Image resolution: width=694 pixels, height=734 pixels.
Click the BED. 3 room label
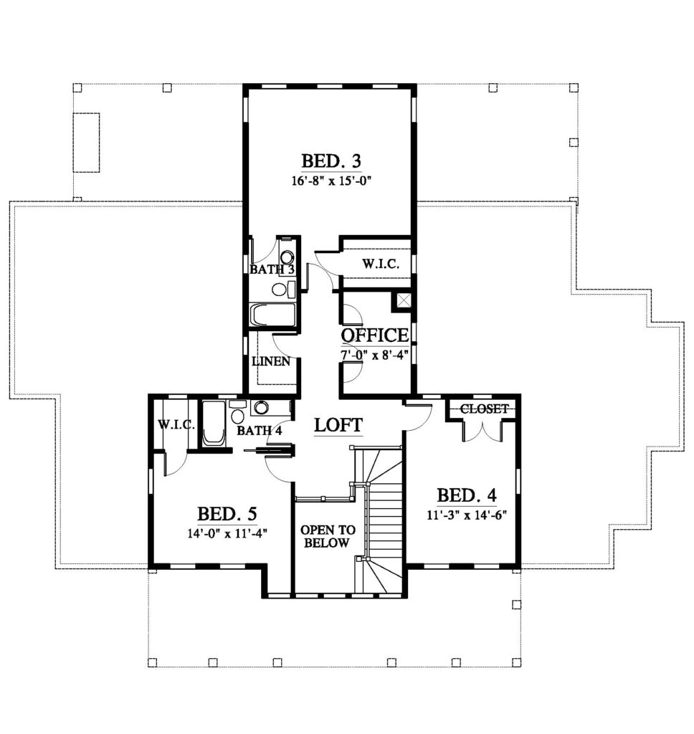[x=331, y=161]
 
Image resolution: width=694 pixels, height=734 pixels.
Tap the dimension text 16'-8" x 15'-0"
[x=331, y=181]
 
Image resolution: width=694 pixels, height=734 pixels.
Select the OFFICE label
[x=375, y=335]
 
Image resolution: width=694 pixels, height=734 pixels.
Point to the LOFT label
[x=338, y=425]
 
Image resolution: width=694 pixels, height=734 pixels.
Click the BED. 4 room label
[x=467, y=495]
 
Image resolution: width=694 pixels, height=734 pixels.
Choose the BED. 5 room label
[x=227, y=514]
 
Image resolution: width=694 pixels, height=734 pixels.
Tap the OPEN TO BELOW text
[x=328, y=536]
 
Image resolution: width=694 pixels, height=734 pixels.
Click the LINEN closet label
[x=271, y=361]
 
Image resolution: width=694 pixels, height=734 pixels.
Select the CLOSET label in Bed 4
[x=484, y=409]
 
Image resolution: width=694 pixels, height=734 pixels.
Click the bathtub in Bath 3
[x=274, y=315]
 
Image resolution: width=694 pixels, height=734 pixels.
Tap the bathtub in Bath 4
[x=214, y=423]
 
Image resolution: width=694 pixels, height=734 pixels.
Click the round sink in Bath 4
[x=260, y=408]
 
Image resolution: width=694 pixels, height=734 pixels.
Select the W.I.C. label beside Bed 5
[x=176, y=424]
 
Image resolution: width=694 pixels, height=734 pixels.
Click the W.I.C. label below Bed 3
[x=381, y=264]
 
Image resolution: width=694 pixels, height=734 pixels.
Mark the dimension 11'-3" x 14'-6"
[x=467, y=515]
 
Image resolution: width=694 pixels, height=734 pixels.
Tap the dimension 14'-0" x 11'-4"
[x=227, y=533]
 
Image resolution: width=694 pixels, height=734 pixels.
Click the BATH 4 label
[x=260, y=430]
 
